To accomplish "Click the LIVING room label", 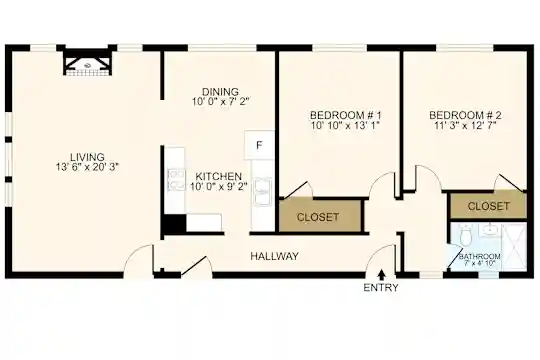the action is (87, 157).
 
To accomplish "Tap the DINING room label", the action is (220, 92).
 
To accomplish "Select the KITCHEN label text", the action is (219, 176).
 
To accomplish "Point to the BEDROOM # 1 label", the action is (345, 115).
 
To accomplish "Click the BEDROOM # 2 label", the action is (465, 115).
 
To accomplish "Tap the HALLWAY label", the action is (274, 256).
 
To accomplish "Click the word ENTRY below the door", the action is (381, 288).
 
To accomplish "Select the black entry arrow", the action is (381, 275).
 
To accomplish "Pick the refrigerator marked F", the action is (259, 145).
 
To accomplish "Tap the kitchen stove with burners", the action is (176, 180).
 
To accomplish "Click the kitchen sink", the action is (263, 192).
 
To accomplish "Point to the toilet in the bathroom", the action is (466, 235).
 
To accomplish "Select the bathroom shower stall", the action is (514, 247).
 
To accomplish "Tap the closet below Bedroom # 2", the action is (488, 206).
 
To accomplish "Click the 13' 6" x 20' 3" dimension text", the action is (87, 167).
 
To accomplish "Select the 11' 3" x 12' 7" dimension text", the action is (465, 125).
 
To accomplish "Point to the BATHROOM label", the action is (479, 257).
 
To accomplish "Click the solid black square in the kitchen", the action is (175, 223).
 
